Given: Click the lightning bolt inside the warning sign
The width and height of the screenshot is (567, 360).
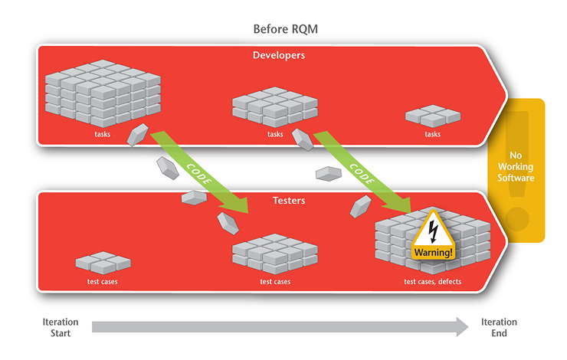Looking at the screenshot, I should tap(434, 230).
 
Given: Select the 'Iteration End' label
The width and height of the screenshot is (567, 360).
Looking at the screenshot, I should tap(499, 328).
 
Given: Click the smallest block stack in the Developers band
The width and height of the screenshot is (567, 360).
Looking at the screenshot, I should tap(432, 116).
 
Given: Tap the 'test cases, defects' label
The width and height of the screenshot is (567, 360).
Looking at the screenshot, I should tap(434, 281).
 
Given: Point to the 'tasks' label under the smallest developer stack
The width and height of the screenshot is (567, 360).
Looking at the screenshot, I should tap(433, 135).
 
